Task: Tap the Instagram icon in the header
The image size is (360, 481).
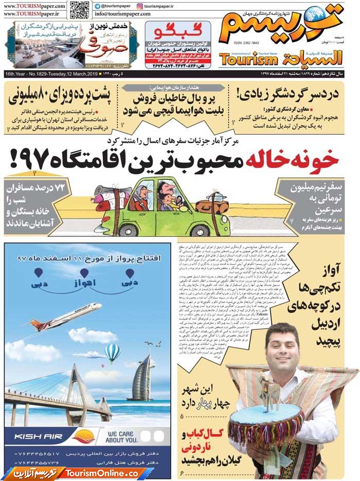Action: pyautogui.click(x=140, y=6)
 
